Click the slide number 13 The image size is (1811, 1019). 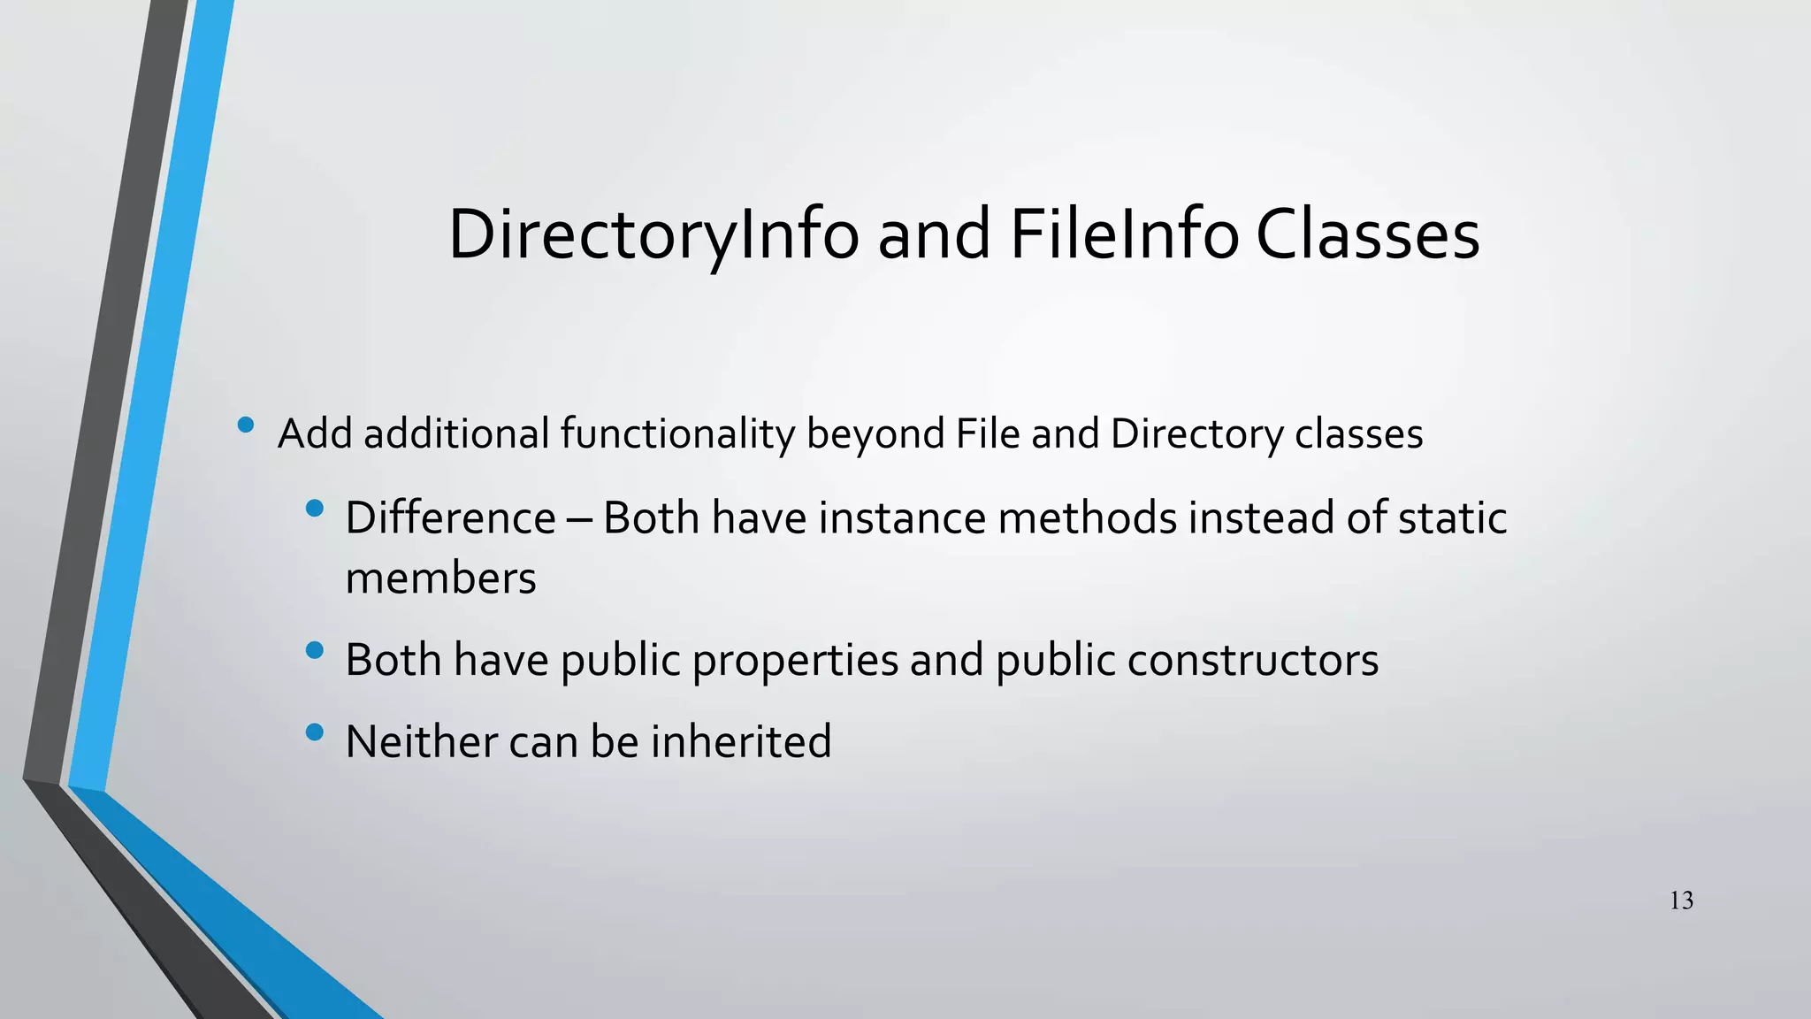coord(1681,900)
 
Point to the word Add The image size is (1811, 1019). coord(316,433)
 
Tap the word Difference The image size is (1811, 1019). coord(450,517)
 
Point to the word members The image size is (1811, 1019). coord(440,578)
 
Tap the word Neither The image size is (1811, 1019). coord(421,741)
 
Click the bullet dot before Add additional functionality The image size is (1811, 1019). coord(246,426)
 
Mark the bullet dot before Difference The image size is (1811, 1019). coord(314,509)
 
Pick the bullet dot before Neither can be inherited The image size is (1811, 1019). coord(314,732)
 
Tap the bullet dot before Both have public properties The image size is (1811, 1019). coord(314,651)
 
